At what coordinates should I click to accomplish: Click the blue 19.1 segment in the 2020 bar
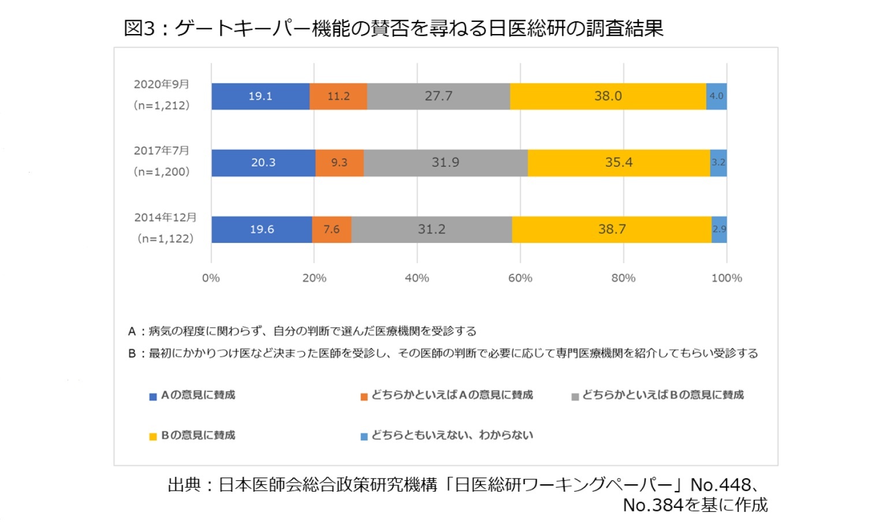[x=260, y=96]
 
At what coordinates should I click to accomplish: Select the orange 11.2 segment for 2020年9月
[x=338, y=96]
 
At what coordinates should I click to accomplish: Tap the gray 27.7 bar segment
[x=438, y=96]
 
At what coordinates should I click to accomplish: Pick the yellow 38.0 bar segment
[x=608, y=96]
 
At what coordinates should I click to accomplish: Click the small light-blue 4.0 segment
[x=716, y=96]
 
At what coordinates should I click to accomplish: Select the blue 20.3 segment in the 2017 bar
[x=263, y=163]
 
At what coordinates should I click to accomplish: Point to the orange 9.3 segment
[x=340, y=163]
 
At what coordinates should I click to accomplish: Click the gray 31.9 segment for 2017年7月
[x=445, y=163]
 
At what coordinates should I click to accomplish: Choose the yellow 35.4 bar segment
[x=619, y=163]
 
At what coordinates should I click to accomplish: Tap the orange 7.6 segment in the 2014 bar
[x=332, y=230]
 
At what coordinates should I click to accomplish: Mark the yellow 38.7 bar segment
[x=612, y=230]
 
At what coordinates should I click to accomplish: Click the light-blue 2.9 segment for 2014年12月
[x=719, y=230]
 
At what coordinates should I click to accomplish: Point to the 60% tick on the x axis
[x=520, y=278]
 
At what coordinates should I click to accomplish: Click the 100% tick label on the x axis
[x=726, y=278]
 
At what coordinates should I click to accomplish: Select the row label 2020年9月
[x=162, y=84]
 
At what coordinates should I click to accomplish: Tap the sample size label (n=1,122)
[x=165, y=238]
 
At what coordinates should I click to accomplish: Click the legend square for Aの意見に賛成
[x=153, y=397]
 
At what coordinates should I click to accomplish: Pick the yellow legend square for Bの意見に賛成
[x=153, y=437]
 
